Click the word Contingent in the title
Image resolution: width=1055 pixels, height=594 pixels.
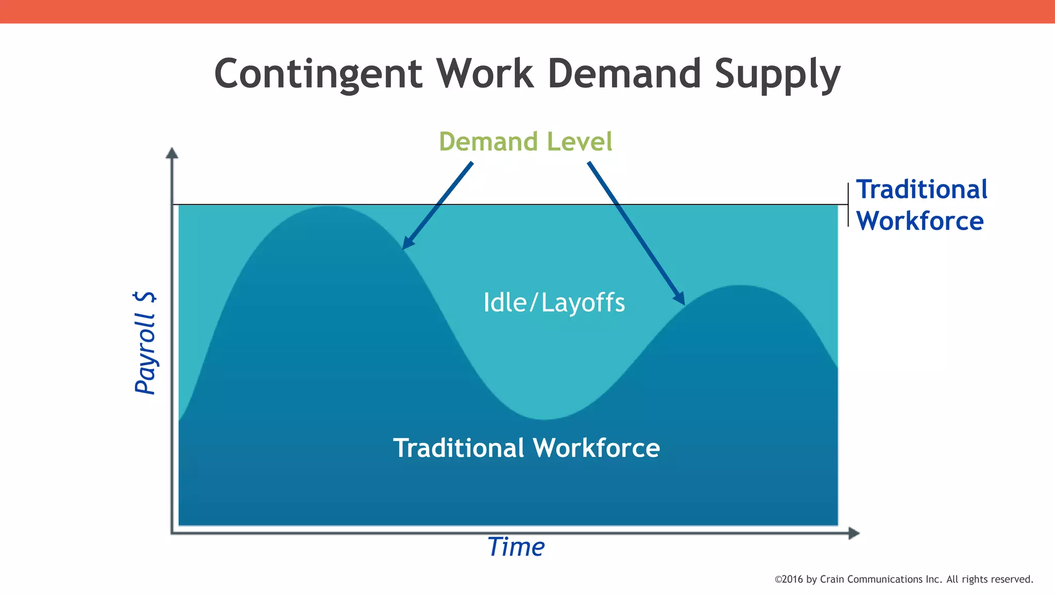[318, 74]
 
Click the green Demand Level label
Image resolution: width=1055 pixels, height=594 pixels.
[525, 142]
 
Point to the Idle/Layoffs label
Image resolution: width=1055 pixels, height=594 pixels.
[554, 303]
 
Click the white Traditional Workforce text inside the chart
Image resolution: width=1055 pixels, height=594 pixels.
[526, 448]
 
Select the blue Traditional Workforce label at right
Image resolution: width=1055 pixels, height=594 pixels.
[921, 205]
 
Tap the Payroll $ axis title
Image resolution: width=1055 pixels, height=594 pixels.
[145, 342]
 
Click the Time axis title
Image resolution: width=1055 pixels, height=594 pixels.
[516, 547]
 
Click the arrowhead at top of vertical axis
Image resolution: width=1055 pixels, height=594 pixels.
[172, 153]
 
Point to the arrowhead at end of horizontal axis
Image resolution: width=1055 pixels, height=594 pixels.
[854, 533]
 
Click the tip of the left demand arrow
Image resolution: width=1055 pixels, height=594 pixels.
[404, 247]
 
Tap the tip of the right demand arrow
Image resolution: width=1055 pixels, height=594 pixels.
[683, 303]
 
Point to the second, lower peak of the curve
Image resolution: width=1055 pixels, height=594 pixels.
[740, 286]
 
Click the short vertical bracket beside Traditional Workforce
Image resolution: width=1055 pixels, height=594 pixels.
[848, 205]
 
